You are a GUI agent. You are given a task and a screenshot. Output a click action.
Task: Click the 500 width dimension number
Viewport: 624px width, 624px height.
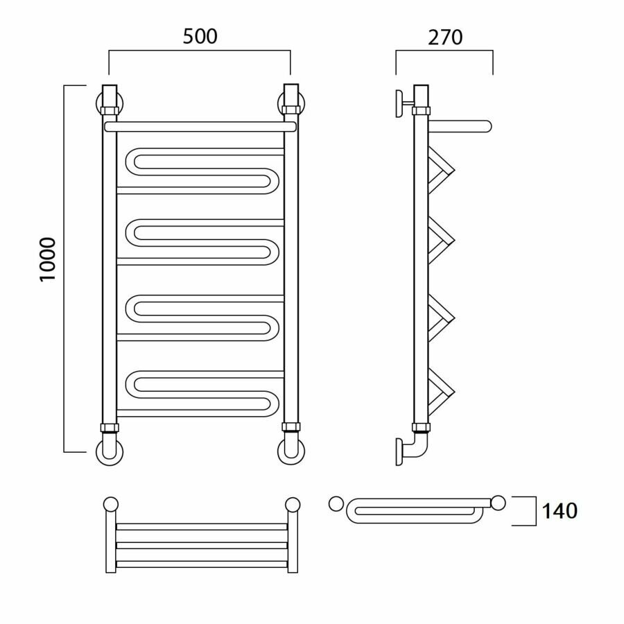pos(200,37)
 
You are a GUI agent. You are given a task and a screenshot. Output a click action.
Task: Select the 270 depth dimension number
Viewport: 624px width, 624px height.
pos(444,37)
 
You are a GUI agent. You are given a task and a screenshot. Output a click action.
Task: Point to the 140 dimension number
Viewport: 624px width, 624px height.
pos(559,512)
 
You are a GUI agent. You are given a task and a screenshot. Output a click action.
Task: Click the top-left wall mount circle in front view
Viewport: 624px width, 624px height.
pos(110,103)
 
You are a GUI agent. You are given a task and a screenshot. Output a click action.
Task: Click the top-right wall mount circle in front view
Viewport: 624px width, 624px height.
pos(291,103)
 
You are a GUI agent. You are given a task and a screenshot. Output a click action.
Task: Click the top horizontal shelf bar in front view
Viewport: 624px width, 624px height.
pos(200,127)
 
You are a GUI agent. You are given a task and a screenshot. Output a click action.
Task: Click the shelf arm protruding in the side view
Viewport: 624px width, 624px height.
pos(461,126)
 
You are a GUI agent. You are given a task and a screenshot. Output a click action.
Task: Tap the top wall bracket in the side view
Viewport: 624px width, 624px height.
pos(403,104)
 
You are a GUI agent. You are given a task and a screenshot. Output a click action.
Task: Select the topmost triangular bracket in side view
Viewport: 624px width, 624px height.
pos(442,170)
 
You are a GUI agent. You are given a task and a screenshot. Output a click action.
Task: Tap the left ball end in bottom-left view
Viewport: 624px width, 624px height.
pos(110,504)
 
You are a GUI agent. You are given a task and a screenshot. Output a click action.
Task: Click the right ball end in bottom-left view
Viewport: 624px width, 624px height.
pos(292,504)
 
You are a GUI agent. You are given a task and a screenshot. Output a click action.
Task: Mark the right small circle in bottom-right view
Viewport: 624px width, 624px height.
pos(498,503)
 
